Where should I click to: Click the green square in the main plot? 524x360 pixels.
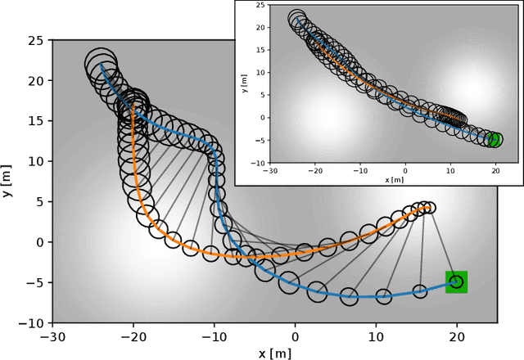click(456, 282)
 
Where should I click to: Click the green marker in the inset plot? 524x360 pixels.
click(494, 139)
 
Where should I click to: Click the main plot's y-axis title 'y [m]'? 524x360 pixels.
click(9, 181)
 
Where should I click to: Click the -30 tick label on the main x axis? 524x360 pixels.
click(53, 336)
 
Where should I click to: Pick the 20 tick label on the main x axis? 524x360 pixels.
click(456, 336)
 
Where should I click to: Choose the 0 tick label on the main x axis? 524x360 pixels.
click(296, 336)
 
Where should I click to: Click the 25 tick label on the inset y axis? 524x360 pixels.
click(260, 7)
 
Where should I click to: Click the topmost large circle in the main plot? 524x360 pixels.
click(102, 64)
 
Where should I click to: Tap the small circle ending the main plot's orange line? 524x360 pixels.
click(431, 208)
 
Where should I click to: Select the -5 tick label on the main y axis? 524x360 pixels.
click(36, 283)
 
